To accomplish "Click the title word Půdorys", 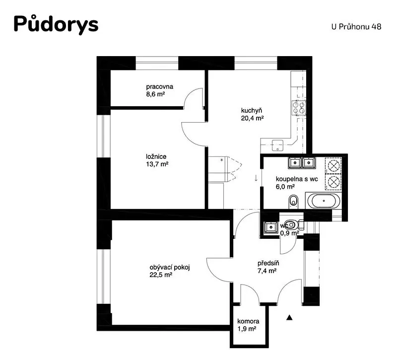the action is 56,24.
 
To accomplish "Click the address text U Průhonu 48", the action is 356,27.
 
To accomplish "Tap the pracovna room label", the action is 159,86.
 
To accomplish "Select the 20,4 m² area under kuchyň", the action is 253,118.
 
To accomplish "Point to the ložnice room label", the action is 156,156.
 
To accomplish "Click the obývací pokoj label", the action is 170,267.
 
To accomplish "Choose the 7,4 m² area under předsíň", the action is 266,271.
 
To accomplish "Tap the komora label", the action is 248,321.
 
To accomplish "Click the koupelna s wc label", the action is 297,179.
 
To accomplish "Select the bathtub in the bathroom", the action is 324,201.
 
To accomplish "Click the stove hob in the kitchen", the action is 299,108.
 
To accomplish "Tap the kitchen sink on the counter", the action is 277,145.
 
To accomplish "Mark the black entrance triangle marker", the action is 289,317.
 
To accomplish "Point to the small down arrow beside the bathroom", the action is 256,178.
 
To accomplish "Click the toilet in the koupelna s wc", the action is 293,202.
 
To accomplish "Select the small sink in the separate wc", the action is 271,227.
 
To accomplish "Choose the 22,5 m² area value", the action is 161,275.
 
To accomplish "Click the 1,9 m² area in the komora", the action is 247,329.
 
